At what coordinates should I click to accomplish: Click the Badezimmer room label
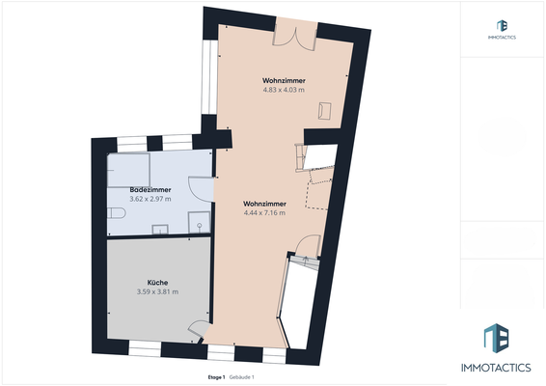click(150, 190)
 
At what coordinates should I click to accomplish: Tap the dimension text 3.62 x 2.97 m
click(150, 199)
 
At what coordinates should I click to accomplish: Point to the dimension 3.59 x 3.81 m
click(157, 291)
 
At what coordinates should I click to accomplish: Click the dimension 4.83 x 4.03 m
click(284, 90)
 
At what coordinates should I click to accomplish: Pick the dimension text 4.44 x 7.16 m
click(261, 213)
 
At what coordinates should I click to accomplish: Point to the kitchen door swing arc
click(198, 328)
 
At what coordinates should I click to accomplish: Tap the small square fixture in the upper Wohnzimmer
click(326, 111)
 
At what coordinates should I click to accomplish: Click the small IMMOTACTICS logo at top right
click(501, 29)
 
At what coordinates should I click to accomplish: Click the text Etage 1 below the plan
click(216, 376)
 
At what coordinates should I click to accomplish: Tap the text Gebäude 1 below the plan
click(241, 376)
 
